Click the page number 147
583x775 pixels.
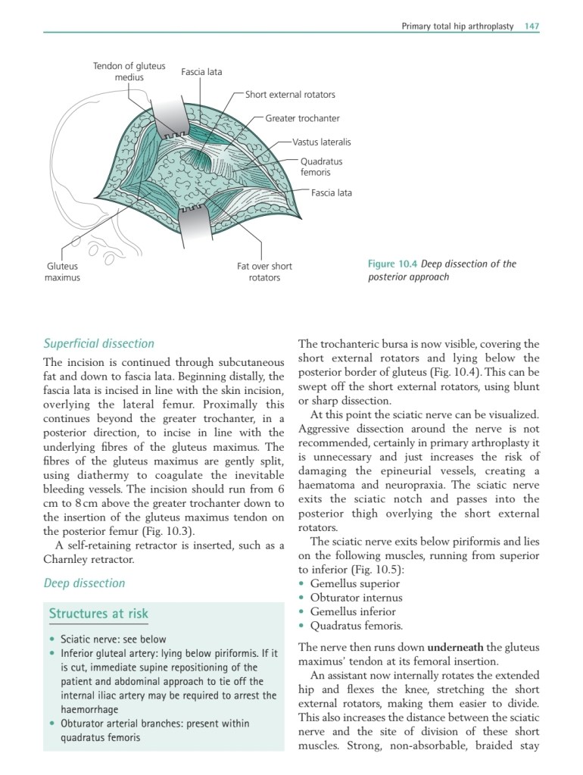(x=532, y=26)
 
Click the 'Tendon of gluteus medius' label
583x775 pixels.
(x=129, y=72)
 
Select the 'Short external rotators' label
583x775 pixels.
(x=290, y=95)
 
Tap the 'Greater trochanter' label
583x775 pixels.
(x=302, y=118)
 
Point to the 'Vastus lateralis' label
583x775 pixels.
(x=322, y=142)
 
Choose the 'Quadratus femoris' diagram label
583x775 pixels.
(x=321, y=167)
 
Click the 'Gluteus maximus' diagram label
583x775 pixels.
(x=63, y=272)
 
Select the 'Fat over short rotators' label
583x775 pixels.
(x=264, y=272)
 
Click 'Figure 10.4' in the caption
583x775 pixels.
(x=392, y=264)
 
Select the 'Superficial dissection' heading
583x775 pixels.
(x=98, y=343)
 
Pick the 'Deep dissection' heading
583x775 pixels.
(x=84, y=583)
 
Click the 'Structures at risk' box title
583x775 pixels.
(x=98, y=614)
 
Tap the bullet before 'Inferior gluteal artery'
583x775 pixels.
(x=51, y=653)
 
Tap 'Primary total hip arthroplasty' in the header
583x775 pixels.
(x=457, y=26)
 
